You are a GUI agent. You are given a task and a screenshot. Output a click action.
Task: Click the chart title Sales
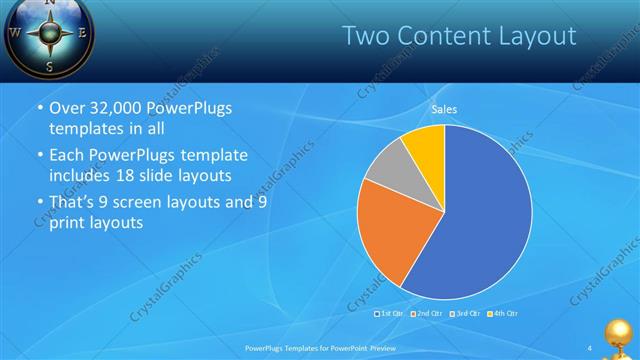[x=445, y=109]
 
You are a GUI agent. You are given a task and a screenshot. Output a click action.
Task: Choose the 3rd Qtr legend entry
[x=466, y=313]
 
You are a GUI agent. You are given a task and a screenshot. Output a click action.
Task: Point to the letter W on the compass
[x=15, y=31]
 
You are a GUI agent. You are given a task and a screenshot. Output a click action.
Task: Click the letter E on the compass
[x=83, y=32]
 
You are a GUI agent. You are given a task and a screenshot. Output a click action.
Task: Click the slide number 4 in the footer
[x=590, y=347]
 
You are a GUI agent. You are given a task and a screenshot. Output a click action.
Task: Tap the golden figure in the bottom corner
[x=620, y=335]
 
